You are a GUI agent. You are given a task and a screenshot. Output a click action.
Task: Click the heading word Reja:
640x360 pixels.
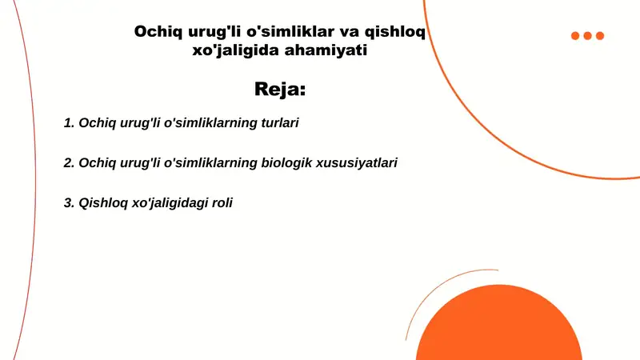pos(280,89)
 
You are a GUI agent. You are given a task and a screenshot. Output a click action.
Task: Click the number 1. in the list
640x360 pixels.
pos(69,123)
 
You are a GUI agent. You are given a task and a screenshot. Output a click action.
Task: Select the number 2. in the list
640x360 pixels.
pos(69,162)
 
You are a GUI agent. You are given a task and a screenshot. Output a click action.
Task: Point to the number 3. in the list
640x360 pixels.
pos(69,202)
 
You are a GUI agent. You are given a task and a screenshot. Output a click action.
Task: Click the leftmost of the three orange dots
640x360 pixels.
pos(575,35)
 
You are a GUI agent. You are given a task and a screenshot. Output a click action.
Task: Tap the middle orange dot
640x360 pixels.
pos(588,35)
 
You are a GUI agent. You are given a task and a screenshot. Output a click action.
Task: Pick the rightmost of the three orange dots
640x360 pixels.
pos(600,35)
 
